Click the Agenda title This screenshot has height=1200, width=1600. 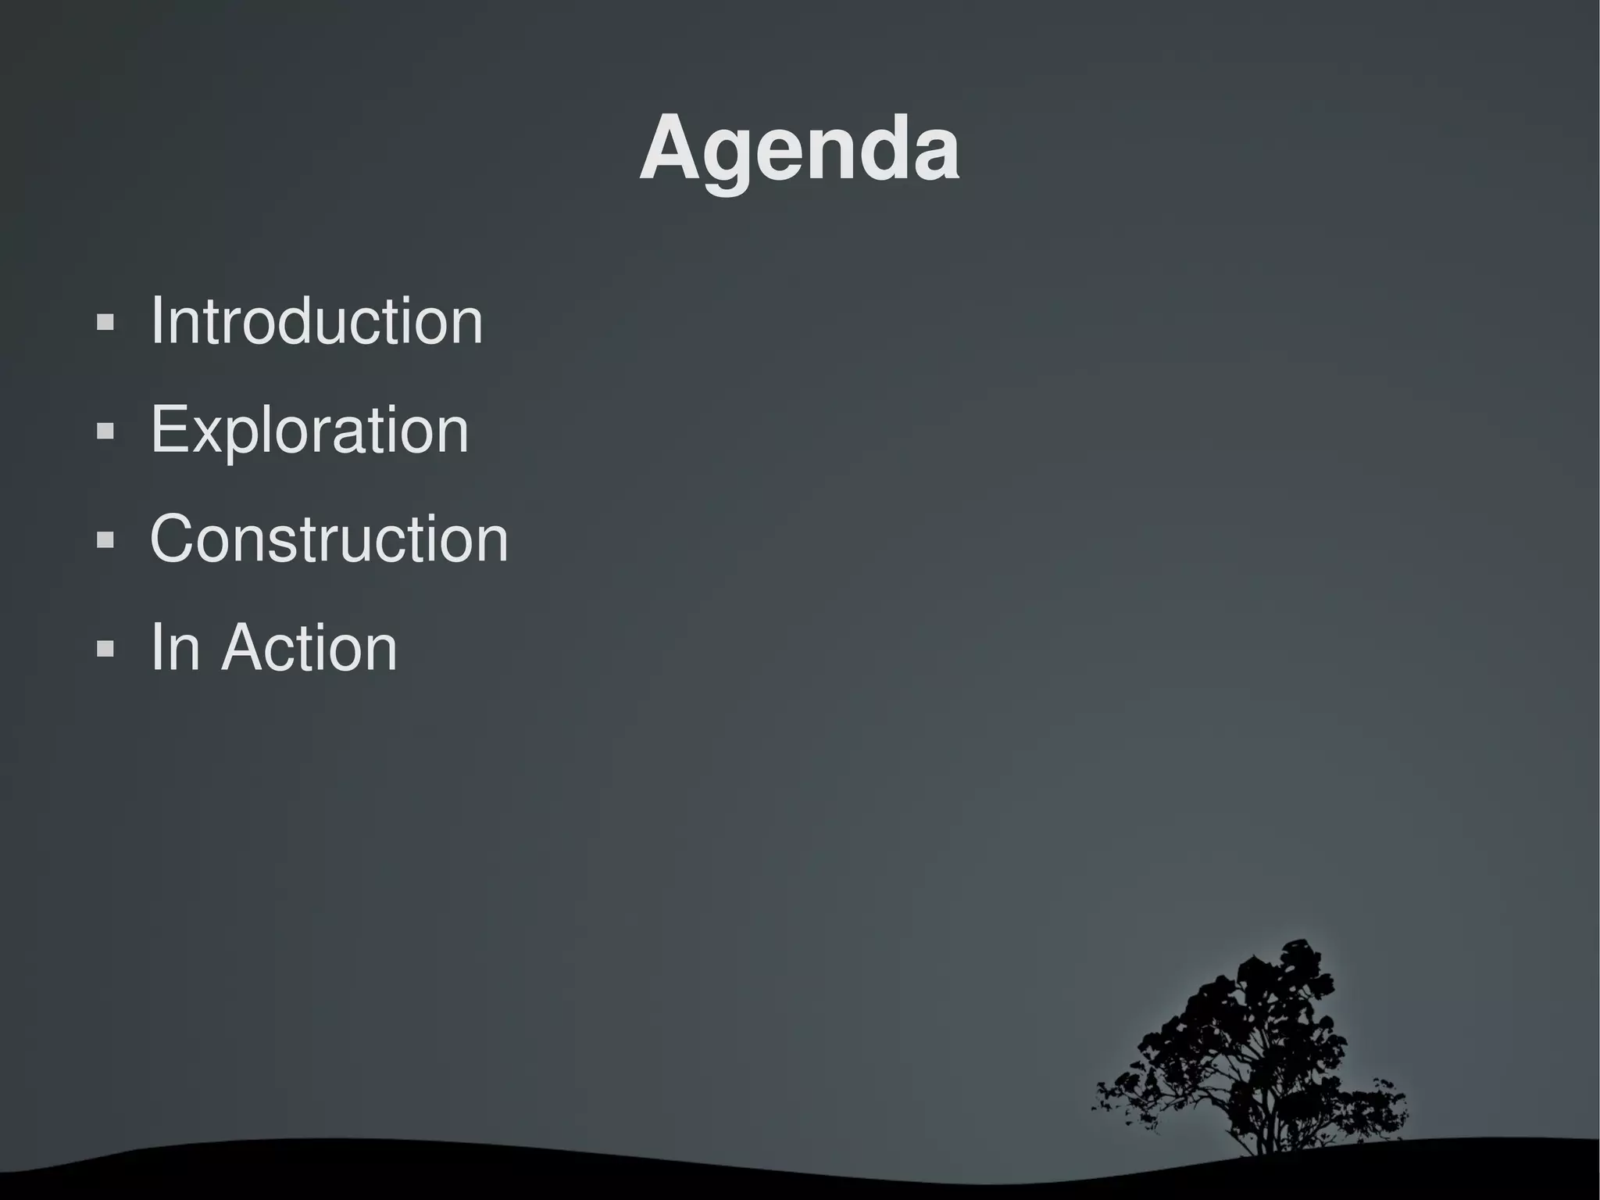(x=799, y=149)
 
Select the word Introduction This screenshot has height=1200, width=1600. (x=316, y=321)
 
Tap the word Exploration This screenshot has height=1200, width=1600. (x=309, y=430)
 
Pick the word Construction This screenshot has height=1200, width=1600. (x=329, y=539)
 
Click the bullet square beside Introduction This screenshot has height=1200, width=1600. (x=105, y=322)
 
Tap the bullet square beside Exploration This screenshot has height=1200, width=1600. (x=105, y=431)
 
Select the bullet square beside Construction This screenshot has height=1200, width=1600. (x=105, y=539)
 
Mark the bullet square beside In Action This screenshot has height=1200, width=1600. (x=105, y=648)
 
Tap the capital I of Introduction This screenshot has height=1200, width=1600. (x=156, y=321)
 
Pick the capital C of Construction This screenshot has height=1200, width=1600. (x=176, y=539)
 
